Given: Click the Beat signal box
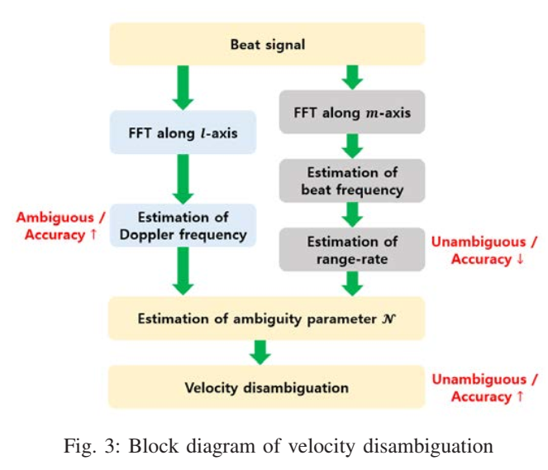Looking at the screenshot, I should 267,44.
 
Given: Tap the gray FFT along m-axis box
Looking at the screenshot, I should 353,112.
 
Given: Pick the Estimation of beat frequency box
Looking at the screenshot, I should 353,181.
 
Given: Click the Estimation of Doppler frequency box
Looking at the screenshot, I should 181,226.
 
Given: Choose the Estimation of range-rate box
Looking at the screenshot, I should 353,250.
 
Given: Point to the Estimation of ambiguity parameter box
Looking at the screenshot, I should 267,319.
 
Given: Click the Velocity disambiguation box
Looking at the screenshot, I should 267,387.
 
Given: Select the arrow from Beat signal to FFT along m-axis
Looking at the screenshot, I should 353,77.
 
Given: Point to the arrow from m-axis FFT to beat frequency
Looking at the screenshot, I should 353,146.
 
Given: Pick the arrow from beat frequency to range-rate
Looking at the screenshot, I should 353,214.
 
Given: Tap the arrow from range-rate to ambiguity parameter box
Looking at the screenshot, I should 353,284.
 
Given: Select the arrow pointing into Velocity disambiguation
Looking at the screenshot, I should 261,352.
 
